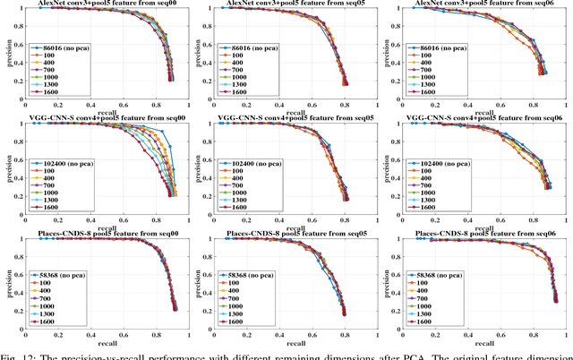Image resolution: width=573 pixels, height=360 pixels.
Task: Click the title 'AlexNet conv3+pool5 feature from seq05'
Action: point(292,4)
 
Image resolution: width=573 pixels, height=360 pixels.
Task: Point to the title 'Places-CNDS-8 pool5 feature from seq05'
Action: point(292,231)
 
